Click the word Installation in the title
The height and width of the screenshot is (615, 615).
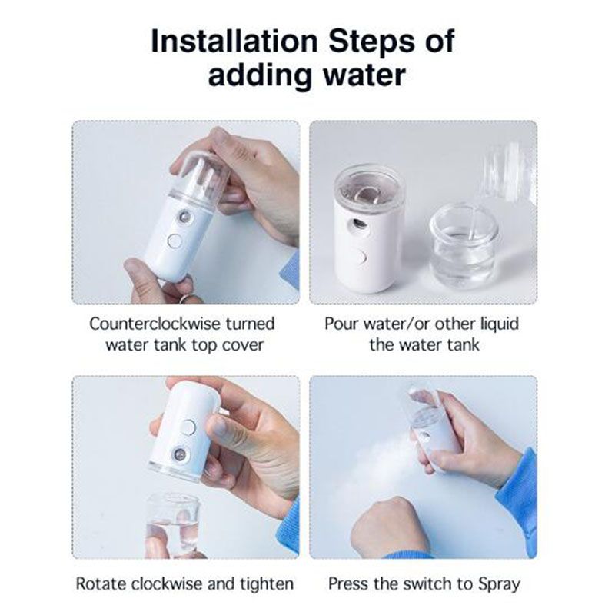[234, 42]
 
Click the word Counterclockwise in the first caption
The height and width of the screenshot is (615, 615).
[155, 324]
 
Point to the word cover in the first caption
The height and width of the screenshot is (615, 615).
[244, 345]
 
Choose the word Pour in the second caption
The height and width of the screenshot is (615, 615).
[341, 324]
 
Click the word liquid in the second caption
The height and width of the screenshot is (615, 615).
[499, 324]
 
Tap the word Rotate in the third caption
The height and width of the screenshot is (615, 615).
[101, 583]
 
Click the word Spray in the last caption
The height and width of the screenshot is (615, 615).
[499, 584]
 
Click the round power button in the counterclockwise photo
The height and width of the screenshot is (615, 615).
[175, 241]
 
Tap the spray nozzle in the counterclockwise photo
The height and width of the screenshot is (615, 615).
[184, 216]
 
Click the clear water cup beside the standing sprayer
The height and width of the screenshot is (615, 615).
[463, 244]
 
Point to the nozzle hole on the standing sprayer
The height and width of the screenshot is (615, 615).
[358, 224]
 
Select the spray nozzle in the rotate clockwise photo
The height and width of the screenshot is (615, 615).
[180, 454]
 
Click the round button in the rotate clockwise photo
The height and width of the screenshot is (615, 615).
[189, 427]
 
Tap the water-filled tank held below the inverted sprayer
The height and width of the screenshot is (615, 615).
[172, 524]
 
